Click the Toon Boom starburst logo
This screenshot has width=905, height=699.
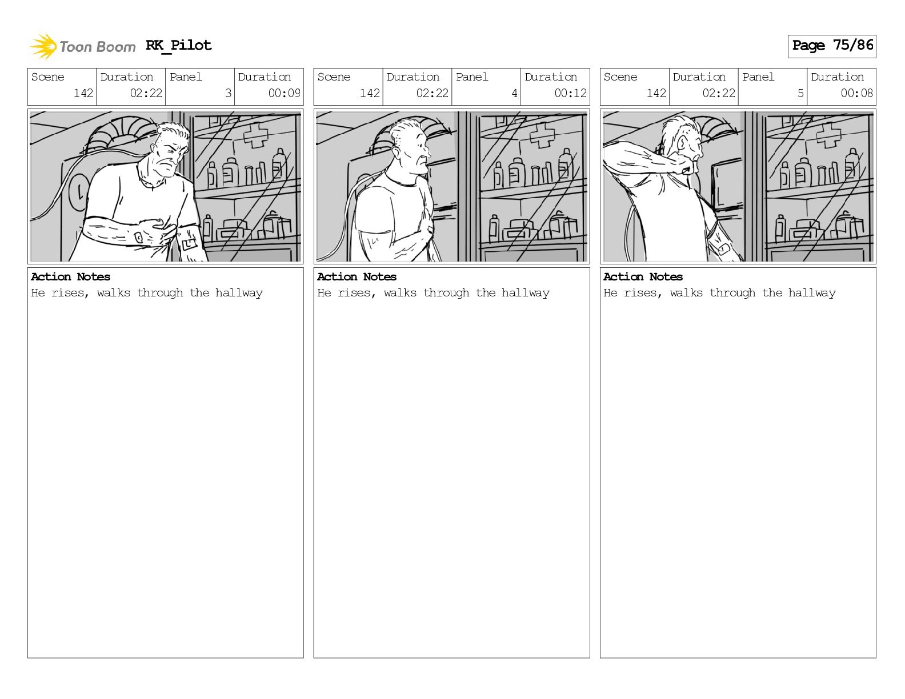point(43,46)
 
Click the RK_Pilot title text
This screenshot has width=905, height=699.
point(179,45)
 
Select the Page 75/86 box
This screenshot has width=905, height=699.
point(832,46)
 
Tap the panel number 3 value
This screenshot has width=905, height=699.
point(228,93)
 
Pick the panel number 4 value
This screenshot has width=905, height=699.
point(514,93)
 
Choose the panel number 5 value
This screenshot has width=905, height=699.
point(800,93)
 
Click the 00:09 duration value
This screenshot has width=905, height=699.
point(284,93)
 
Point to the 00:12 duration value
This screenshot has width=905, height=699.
point(570,93)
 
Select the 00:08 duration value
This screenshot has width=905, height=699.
point(856,93)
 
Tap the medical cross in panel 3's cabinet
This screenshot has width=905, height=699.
point(256,135)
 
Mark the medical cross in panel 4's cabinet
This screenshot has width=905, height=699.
point(542,135)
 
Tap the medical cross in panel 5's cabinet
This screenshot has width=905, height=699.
point(828,135)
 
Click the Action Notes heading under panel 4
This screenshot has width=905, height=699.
point(357,276)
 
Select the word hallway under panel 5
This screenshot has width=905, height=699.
point(812,293)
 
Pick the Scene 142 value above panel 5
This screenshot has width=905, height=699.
point(656,93)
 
